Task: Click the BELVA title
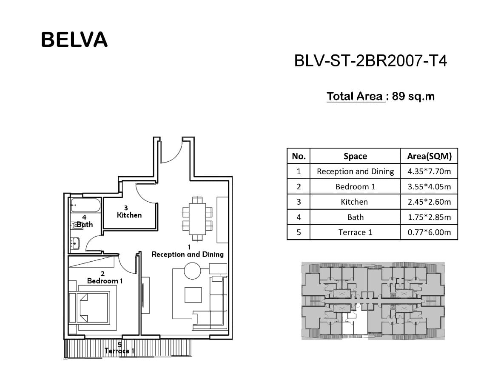click(74, 40)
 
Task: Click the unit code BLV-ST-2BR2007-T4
click(370, 60)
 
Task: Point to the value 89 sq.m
click(413, 96)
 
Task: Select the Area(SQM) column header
click(429, 156)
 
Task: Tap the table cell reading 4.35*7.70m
click(429, 171)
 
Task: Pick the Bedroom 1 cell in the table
click(355, 187)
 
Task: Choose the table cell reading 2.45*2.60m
click(429, 202)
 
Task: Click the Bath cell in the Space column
click(355, 217)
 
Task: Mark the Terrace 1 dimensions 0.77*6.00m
click(429, 232)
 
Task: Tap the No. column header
click(299, 156)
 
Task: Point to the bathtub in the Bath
click(85, 205)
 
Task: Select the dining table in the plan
click(197, 219)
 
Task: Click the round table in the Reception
click(192, 271)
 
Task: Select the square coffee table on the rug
click(193, 295)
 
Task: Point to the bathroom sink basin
click(75, 243)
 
